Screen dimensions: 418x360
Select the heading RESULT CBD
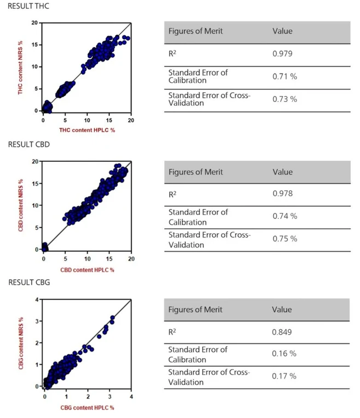[x=26, y=144]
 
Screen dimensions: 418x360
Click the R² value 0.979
[x=282, y=54]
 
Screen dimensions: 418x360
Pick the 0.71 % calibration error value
[x=284, y=76]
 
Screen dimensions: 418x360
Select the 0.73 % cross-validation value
[x=284, y=99]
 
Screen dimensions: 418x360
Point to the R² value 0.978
[x=282, y=194]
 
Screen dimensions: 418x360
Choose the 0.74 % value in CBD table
[x=284, y=216]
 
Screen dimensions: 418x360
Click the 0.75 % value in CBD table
[x=284, y=239]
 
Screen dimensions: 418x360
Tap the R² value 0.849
[x=282, y=332]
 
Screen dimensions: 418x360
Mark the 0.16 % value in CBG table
[x=284, y=353]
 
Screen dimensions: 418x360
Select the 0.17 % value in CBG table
[x=284, y=376]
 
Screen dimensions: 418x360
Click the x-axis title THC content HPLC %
[x=87, y=130]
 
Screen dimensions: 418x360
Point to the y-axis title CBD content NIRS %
[x=21, y=204]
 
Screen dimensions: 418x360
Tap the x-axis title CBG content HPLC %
[x=88, y=408]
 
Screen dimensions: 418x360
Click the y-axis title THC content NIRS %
[x=21, y=66]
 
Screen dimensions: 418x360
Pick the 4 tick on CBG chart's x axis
[x=131, y=396]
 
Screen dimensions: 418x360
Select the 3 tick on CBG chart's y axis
[x=37, y=321]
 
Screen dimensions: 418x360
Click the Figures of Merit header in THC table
[x=196, y=31]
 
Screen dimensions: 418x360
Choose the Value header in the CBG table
[x=282, y=309]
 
